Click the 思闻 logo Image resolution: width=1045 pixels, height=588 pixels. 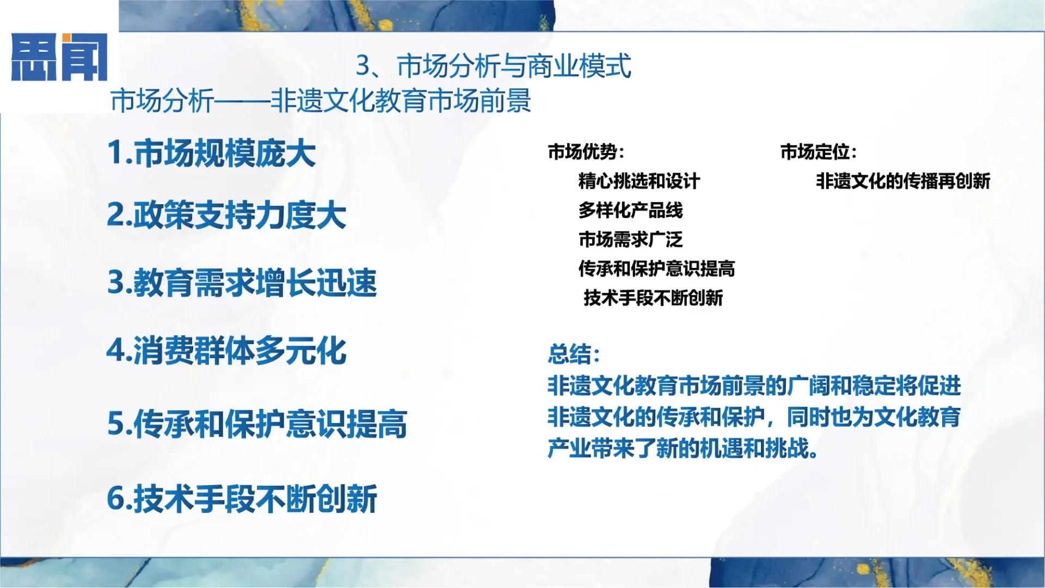pos(59,57)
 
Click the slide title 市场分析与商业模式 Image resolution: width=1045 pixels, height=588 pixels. pos(514,66)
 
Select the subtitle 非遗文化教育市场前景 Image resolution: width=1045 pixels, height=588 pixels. pos(401,101)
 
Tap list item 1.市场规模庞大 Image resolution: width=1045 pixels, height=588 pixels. pos(211,153)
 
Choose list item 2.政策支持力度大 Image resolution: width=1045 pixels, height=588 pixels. pos(226,215)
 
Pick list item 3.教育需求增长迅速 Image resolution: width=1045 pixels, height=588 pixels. pos(242,283)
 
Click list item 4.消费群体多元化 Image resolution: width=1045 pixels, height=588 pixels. pos(226,351)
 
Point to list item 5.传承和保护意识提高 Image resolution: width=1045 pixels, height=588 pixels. pos(257,424)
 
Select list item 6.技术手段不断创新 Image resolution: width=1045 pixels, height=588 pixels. pos(242,499)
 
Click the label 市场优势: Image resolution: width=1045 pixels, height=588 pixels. pos(586,152)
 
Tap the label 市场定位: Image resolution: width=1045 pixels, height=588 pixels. pos(818,152)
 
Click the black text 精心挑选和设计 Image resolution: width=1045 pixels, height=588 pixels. pos(639,181)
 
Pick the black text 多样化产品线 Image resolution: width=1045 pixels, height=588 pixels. pos(630,210)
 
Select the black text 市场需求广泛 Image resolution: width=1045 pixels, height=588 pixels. pos(630,240)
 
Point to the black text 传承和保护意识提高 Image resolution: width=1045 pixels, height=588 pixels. pos(656,269)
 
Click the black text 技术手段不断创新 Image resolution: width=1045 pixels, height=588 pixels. pos(653,298)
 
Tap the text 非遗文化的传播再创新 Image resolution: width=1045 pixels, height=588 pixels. pos(902,181)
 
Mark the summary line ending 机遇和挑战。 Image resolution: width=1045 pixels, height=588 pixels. pos(683,449)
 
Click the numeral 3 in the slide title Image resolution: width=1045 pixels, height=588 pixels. pos(363,66)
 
